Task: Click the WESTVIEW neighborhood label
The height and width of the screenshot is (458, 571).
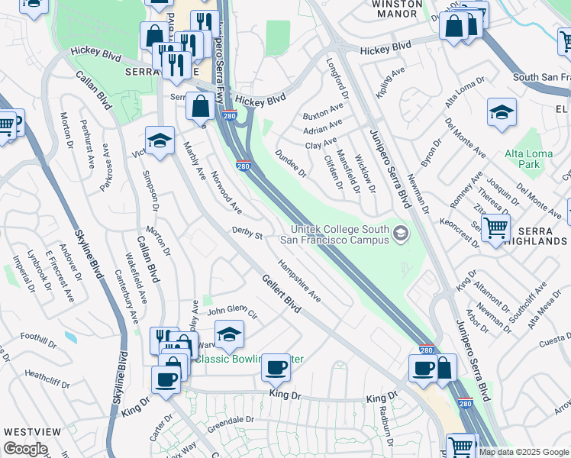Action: point(32,431)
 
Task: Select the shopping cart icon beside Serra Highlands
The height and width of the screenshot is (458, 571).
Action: point(495,227)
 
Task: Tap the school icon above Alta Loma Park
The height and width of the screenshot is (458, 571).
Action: point(502,113)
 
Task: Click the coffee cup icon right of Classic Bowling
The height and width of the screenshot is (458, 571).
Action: point(276,367)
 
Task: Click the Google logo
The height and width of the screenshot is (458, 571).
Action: point(25,449)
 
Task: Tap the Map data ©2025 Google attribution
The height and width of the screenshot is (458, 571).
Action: point(524,452)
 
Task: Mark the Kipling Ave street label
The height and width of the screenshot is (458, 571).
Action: point(389,83)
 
